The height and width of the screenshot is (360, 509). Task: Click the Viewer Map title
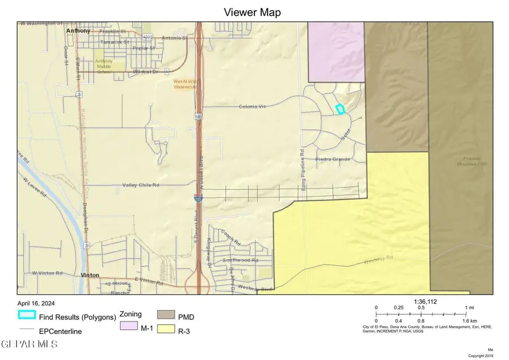click(252, 12)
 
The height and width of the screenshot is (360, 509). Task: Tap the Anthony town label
click(78, 31)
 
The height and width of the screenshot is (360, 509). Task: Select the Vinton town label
click(90, 275)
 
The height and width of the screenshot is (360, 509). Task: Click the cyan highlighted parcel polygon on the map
click(340, 110)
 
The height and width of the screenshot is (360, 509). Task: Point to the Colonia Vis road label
click(252, 106)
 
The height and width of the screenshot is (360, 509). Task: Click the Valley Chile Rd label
click(141, 185)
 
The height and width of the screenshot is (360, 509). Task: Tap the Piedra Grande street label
click(333, 159)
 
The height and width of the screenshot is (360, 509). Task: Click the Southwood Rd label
click(240, 260)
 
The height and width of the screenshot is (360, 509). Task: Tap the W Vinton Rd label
click(47, 272)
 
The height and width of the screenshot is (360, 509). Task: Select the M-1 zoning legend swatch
click(128, 327)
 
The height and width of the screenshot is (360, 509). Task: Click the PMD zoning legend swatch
click(166, 314)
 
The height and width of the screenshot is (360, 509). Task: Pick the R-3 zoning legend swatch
click(166, 328)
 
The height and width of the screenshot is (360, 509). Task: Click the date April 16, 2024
click(37, 303)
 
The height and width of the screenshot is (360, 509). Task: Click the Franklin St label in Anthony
click(112, 32)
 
